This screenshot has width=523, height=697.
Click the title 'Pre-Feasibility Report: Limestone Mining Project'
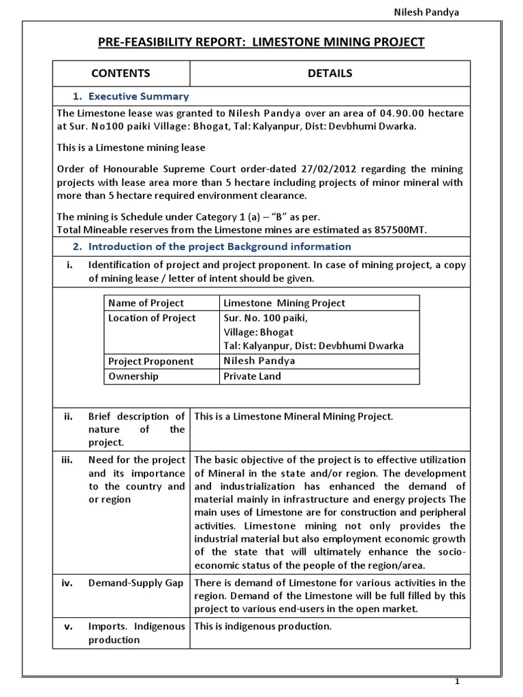(261, 42)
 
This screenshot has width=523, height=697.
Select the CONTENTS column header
(121, 74)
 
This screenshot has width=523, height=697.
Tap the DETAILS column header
(330, 74)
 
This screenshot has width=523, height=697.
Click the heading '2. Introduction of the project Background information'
(212, 246)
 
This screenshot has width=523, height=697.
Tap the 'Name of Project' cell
(146, 303)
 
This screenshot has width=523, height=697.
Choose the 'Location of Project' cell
(152, 318)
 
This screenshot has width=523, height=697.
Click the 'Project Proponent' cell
(150, 361)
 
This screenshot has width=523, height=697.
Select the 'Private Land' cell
(252, 376)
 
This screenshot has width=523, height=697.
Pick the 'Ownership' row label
(133, 376)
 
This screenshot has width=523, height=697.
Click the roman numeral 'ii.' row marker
(68, 417)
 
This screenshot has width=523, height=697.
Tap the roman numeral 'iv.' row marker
(68, 583)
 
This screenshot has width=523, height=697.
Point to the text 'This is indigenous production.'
(263, 626)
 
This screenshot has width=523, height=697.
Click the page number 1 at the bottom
(458, 682)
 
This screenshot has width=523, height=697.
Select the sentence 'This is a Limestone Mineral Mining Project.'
(294, 417)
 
